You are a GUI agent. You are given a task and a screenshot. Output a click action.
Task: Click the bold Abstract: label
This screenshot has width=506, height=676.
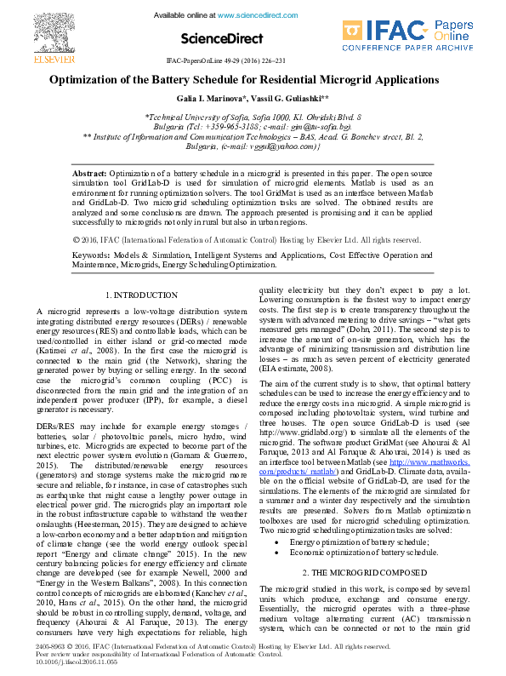pos(89,171)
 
